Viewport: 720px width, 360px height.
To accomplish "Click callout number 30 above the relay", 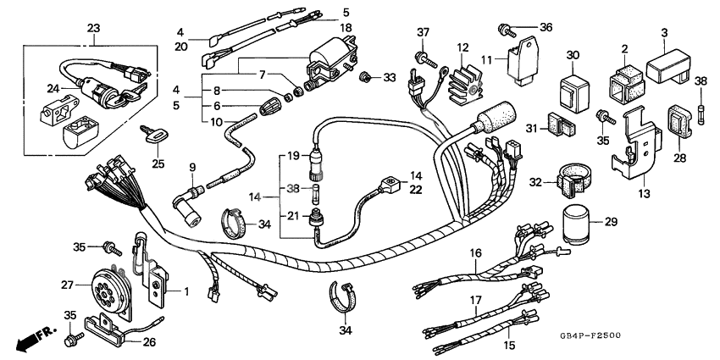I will coord(572,56).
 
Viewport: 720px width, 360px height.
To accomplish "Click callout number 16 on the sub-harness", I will coord(476,253).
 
